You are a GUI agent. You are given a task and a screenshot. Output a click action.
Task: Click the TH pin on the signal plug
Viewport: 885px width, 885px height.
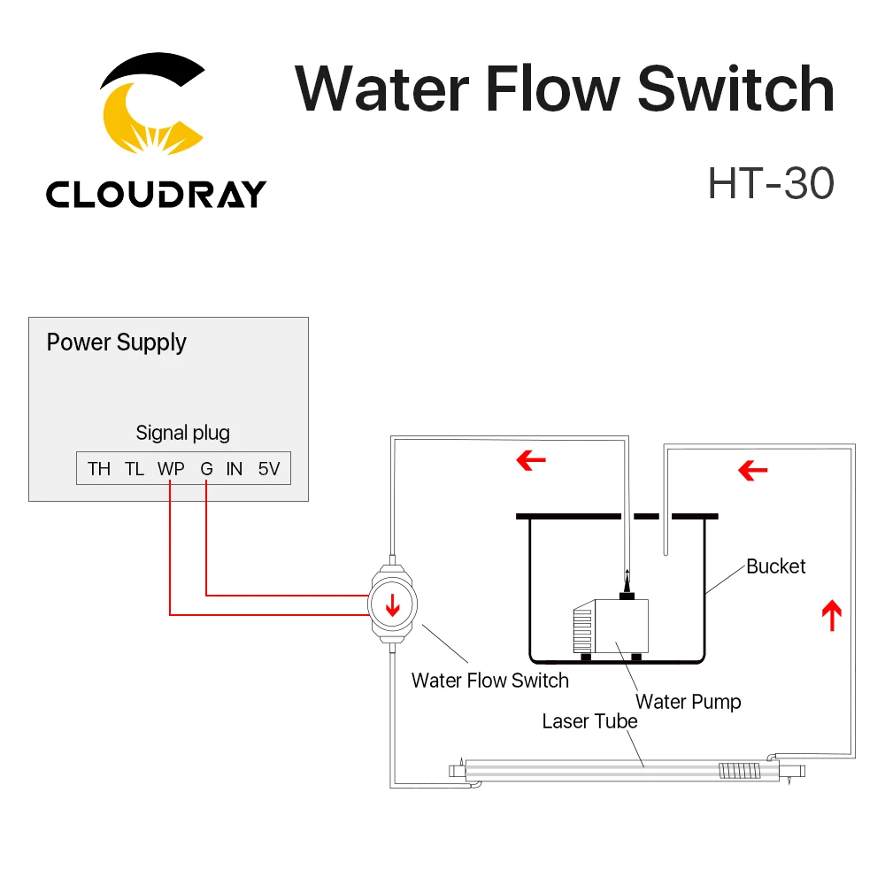pyautogui.click(x=99, y=469)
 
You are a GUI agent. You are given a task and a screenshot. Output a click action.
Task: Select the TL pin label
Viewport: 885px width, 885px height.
pyautogui.click(x=135, y=469)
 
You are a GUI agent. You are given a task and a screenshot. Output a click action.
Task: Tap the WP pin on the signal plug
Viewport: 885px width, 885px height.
pyautogui.click(x=171, y=469)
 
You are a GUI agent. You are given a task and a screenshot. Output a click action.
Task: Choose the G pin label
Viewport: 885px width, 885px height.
pyautogui.click(x=206, y=469)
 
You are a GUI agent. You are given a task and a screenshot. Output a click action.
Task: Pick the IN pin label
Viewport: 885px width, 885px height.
pyautogui.click(x=234, y=469)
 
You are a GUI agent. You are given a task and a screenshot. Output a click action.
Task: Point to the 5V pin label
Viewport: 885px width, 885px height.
pyautogui.click(x=269, y=469)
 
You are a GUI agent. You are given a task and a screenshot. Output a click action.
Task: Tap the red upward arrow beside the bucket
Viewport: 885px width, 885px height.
pyautogui.click(x=830, y=614)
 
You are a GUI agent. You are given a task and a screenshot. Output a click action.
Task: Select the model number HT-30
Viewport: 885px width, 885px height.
pyautogui.click(x=770, y=183)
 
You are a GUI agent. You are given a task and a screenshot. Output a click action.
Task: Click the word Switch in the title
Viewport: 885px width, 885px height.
pyautogui.click(x=735, y=89)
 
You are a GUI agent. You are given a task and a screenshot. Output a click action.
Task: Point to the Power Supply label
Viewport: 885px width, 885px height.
pyautogui.click(x=116, y=342)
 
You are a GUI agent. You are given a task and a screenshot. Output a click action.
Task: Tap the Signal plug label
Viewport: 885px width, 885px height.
pyautogui.click(x=182, y=433)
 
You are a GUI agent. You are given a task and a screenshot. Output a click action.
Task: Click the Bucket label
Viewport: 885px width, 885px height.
pyautogui.click(x=776, y=566)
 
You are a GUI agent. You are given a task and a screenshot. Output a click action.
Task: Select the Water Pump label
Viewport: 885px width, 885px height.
pyautogui.click(x=688, y=702)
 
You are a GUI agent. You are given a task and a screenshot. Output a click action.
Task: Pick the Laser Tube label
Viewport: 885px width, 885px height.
pyautogui.click(x=589, y=721)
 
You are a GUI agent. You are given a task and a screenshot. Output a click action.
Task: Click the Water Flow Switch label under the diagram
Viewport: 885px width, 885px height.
pyautogui.click(x=489, y=680)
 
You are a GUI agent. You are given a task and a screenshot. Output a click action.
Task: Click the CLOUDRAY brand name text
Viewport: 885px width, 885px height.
pyautogui.click(x=156, y=193)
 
